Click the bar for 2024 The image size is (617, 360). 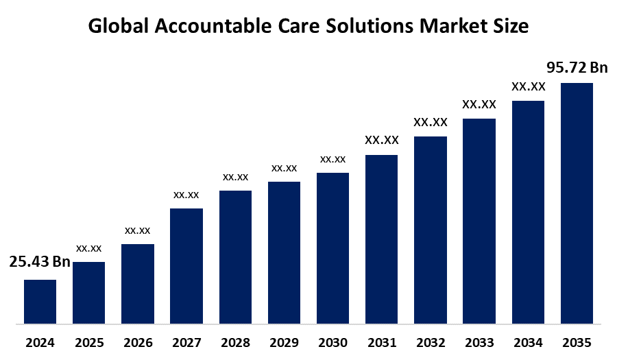click(40, 301)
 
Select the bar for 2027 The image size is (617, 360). click(186, 265)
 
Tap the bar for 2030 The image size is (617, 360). click(332, 248)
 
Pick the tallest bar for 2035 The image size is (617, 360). click(577, 203)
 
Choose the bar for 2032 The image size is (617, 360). click(431, 230)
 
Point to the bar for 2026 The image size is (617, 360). click(138, 283)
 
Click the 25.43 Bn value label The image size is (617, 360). click(40, 262)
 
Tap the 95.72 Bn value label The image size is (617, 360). click(577, 67)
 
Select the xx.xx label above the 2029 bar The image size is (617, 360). click(284, 168)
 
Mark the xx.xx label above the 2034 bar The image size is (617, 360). click(528, 86)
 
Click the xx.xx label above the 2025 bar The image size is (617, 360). click(89, 248)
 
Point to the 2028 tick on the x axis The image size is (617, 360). click(235, 342)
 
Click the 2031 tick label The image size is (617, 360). click(381, 342)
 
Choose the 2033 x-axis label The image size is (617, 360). click(479, 342)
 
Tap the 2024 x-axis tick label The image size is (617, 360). click(40, 342)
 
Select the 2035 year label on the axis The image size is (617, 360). click(577, 342)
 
